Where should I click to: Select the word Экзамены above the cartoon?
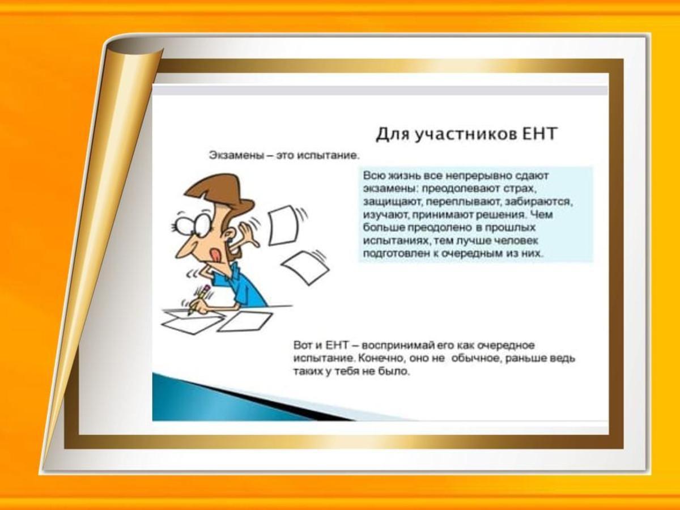(236, 155)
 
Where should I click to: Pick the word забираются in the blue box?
(539, 202)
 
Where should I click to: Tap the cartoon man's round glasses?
(192, 224)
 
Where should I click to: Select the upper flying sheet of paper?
(283, 226)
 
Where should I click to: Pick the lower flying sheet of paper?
(305, 268)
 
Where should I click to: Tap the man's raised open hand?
(248, 235)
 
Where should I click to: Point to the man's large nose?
(184, 249)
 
